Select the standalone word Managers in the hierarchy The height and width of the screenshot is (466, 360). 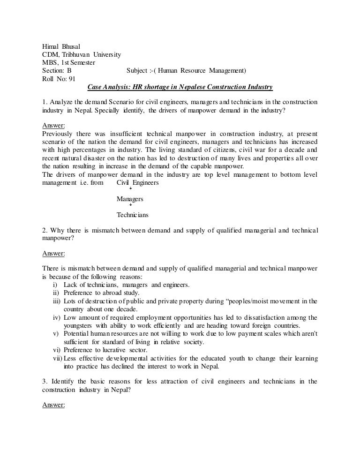coord(130,199)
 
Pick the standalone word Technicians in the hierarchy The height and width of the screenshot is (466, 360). coord(132,215)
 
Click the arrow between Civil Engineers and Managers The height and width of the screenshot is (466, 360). coord(130,189)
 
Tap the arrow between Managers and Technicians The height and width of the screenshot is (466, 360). coord(130,205)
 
